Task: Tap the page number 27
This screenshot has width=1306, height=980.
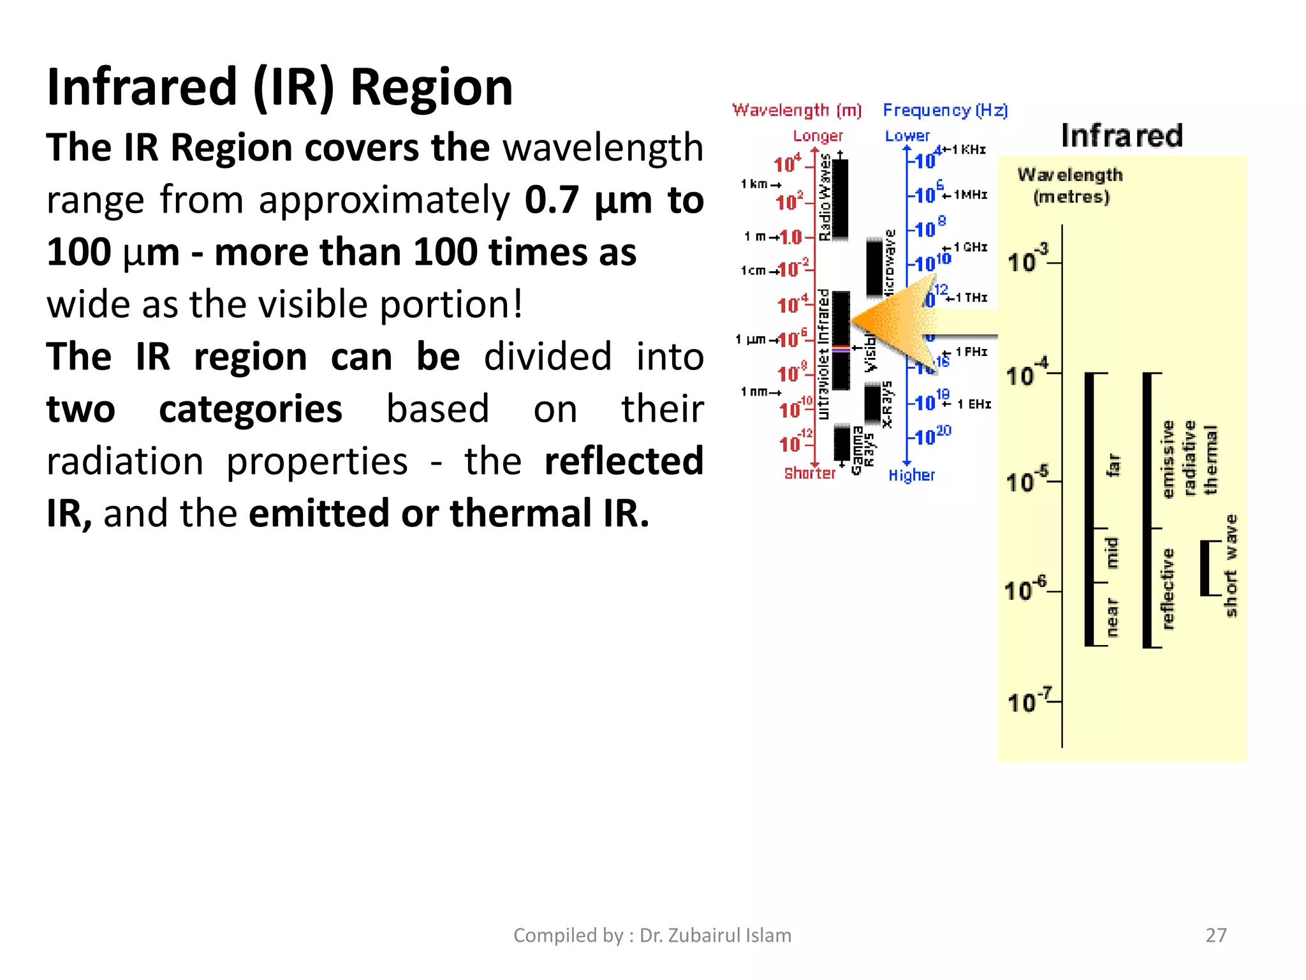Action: [x=1215, y=935]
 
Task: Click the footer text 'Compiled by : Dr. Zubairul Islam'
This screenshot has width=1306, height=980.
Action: [x=652, y=935]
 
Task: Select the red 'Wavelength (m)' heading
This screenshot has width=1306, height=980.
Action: [x=796, y=110]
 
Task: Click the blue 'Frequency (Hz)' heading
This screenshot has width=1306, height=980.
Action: [x=945, y=110]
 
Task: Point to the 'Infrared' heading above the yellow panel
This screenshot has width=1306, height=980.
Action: [x=1122, y=136]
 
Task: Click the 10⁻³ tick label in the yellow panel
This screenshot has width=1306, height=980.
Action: [x=1027, y=260]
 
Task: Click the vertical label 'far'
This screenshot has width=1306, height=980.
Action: [x=1113, y=464]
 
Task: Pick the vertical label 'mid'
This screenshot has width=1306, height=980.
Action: [x=1112, y=553]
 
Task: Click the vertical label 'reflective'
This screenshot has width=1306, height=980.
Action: [x=1168, y=588]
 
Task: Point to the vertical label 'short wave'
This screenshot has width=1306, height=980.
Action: [x=1231, y=566]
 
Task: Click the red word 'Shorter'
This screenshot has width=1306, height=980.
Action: [x=809, y=473]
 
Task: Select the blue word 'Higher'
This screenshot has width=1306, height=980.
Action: [x=911, y=475]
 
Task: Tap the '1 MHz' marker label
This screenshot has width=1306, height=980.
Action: [x=970, y=195]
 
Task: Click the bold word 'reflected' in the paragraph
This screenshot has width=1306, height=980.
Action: [x=623, y=461]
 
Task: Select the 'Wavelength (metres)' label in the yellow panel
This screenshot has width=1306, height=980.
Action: [x=1070, y=185]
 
